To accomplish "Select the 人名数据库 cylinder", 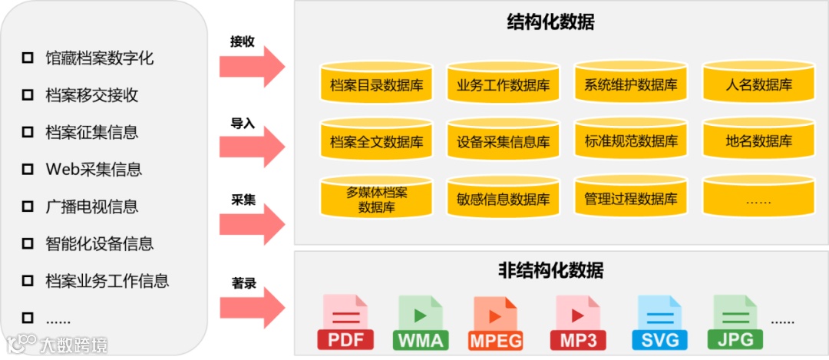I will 758,83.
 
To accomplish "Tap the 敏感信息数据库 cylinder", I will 502,198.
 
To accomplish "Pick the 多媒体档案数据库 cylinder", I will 375,198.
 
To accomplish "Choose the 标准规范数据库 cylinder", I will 630,140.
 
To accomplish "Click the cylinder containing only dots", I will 758,198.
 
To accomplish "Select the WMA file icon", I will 421,322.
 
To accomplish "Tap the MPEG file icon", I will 495,322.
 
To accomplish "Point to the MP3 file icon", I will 577,322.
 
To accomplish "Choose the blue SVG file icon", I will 659,322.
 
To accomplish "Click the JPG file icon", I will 735,322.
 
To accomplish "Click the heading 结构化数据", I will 550,22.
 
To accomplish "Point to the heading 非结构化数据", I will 550,270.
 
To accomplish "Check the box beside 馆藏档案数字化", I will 28,58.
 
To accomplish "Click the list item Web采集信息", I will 94,169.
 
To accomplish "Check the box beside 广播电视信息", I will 28,206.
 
